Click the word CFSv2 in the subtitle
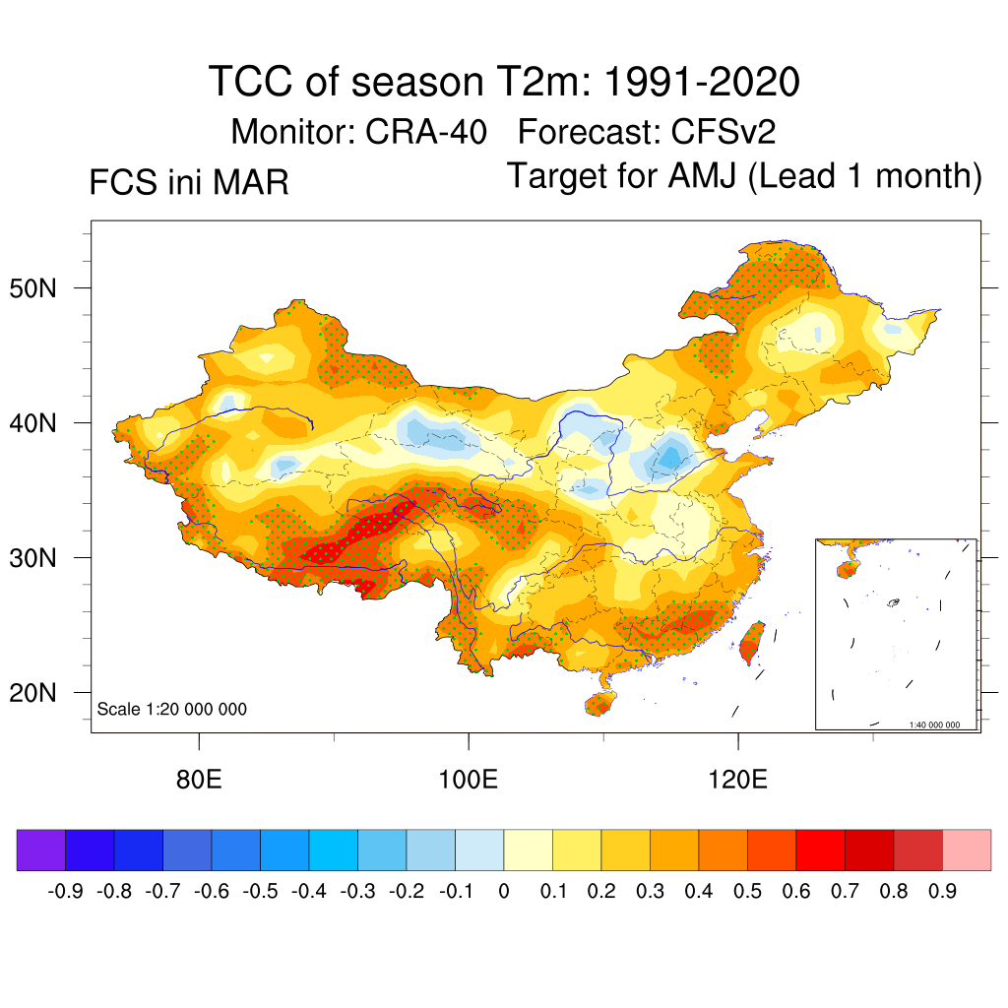point(729,131)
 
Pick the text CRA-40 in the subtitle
point(426,131)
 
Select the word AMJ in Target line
point(703,177)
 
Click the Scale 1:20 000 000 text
point(172,709)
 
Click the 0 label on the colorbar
point(504,892)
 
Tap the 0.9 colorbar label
point(942,892)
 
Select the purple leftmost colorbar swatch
point(41,850)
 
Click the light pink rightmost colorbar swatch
point(967,850)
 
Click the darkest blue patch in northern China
point(673,456)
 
